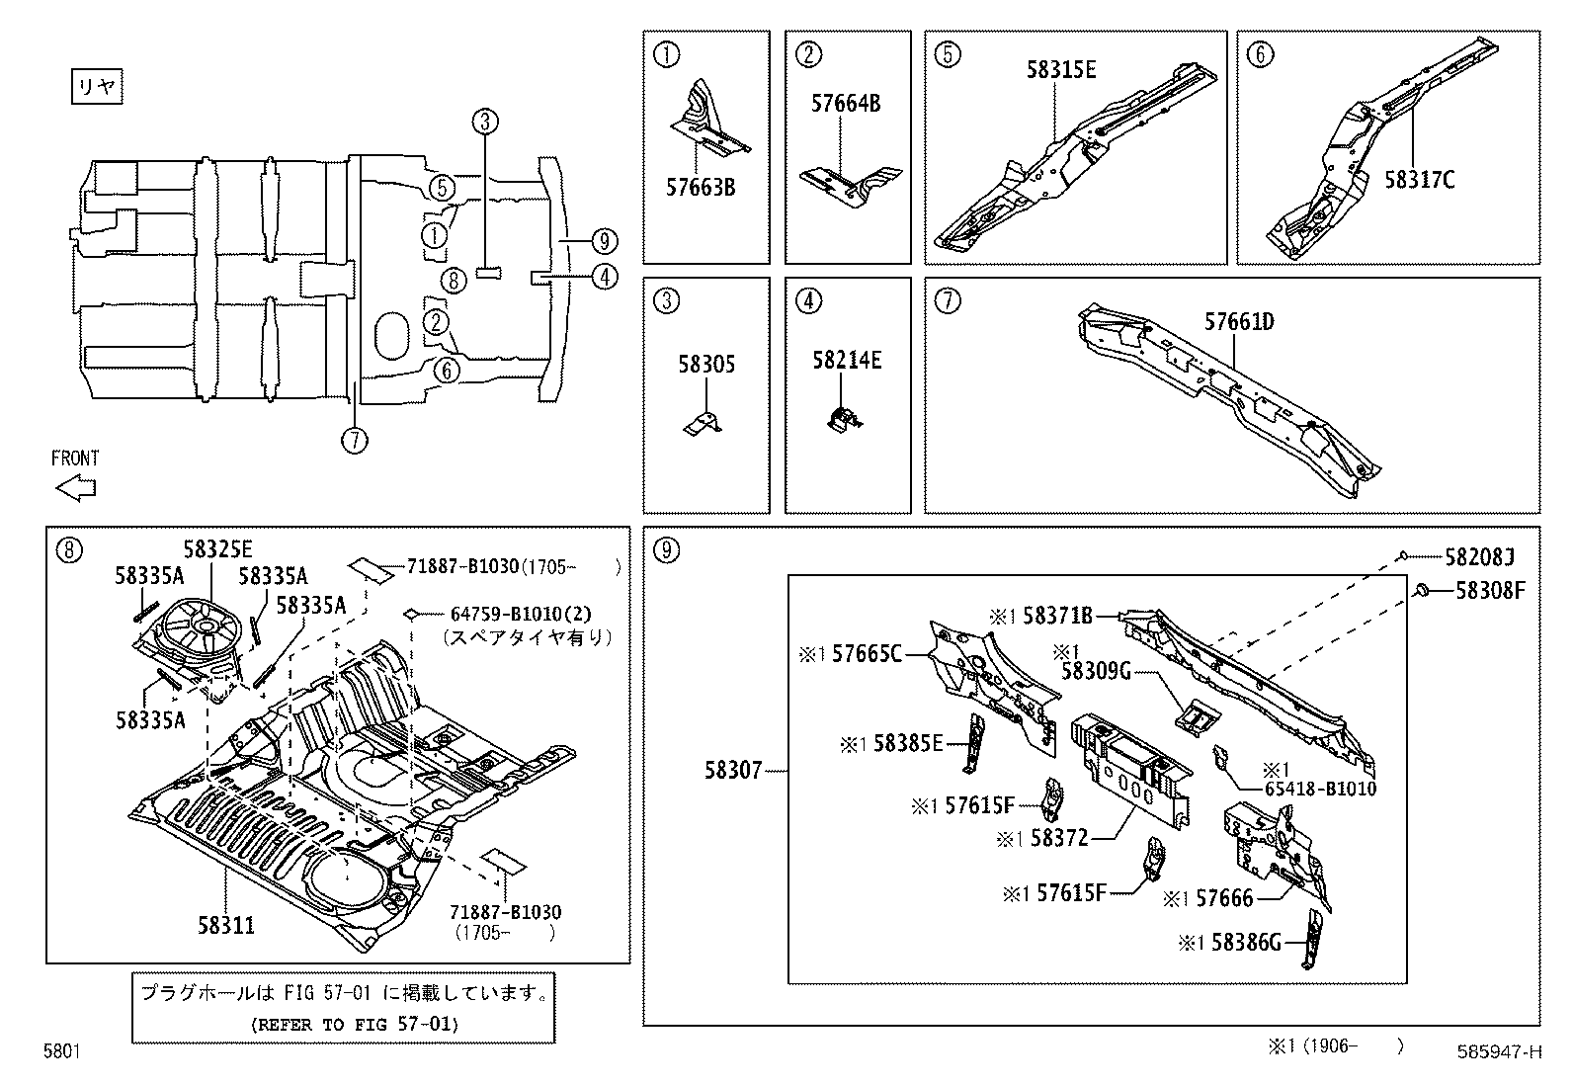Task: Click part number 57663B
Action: click(x=700, y=188)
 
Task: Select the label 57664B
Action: click(x=845, y=103)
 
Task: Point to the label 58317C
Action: click(x=1419, y=180)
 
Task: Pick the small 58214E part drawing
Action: click(x=843, y=419)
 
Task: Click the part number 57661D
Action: click(x=1239, y=322)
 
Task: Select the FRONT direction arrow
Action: click(x=75, y=488)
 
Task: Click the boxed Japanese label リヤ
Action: click(x=97, y=87)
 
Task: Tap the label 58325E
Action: click(x=217, y=550)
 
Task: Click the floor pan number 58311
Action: click(x=226, y=925)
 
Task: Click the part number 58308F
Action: click(x=1489, y=591)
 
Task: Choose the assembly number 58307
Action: click(x=733, y=770)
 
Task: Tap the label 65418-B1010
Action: click(x=1320, y=789)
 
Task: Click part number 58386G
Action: click(x=1245, y=943)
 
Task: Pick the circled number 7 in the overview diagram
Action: click(x=354, y=438)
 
